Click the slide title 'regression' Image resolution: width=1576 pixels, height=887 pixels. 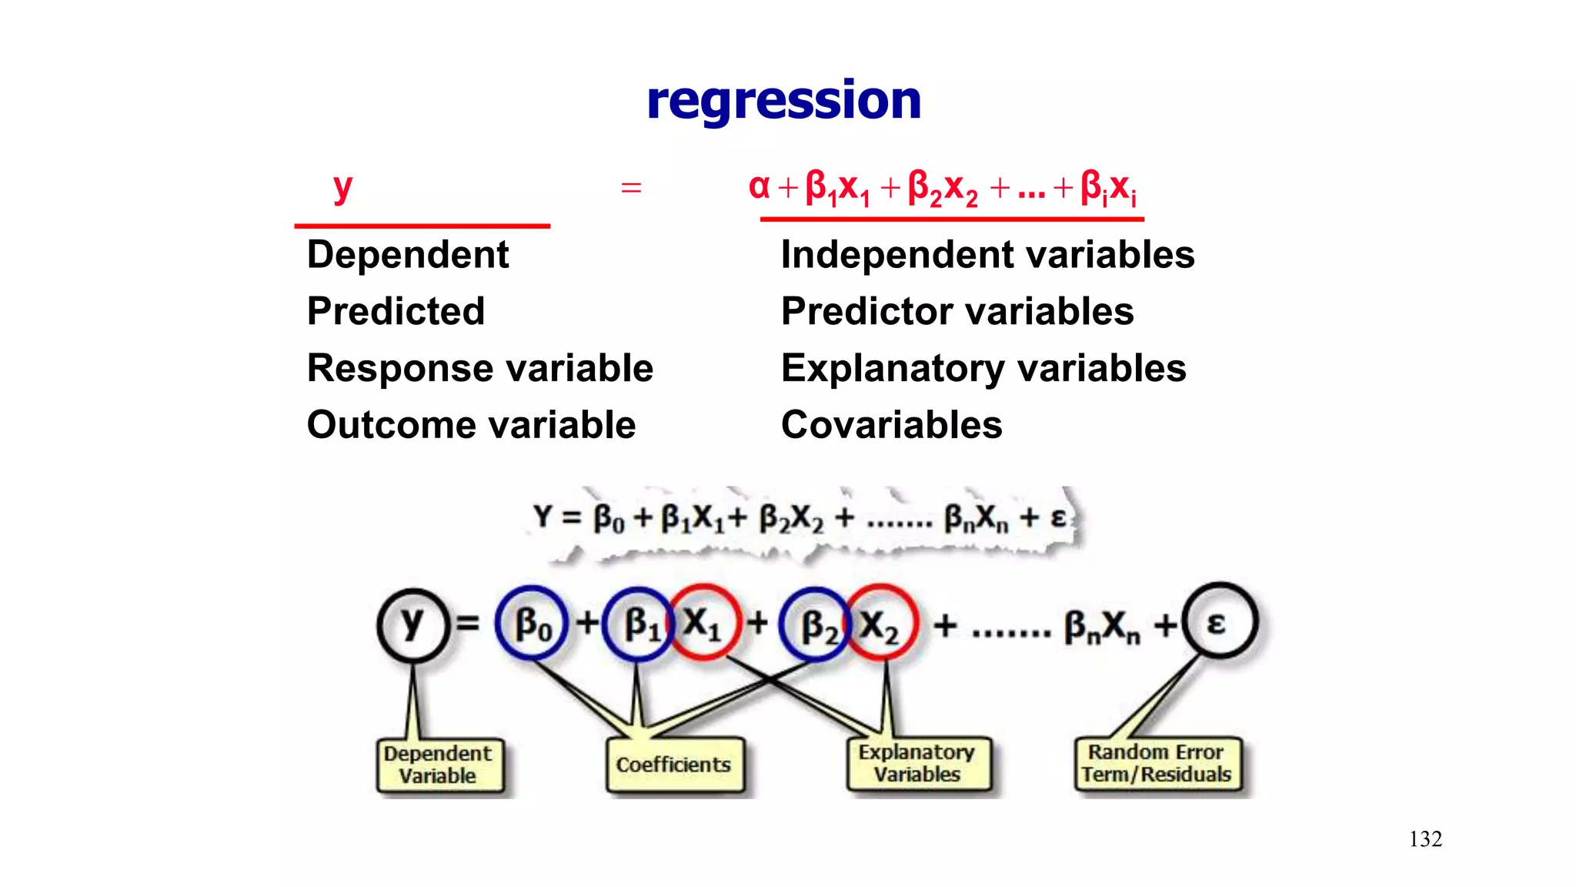click(783, 100)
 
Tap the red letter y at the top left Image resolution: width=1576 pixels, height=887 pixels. click(342, 187)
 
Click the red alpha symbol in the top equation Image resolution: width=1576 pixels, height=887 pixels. click(759, 186)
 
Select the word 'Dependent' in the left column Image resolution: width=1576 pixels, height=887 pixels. click(407, 255)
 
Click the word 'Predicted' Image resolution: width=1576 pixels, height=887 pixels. click(396, 312)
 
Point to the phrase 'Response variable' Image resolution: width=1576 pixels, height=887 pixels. click(479, 368)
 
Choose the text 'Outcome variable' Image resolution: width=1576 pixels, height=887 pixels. click(471, 425)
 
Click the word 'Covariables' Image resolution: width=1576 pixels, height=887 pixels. click(891, 425)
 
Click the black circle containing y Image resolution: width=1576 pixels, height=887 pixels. click(412, 624)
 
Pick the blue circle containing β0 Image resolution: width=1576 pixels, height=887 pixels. click(532, 624)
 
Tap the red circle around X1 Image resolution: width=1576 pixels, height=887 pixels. click(703, 622)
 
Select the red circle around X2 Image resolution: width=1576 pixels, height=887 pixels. click(880, 624)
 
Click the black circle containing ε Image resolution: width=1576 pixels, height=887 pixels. click(1219, 621)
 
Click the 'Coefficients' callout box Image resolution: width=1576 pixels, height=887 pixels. click(674, 765)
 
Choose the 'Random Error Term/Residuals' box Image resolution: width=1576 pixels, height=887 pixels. click(1157, 763)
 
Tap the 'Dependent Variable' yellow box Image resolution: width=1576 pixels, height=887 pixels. click(438, 765)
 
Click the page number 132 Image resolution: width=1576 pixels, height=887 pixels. click(1425, 839)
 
